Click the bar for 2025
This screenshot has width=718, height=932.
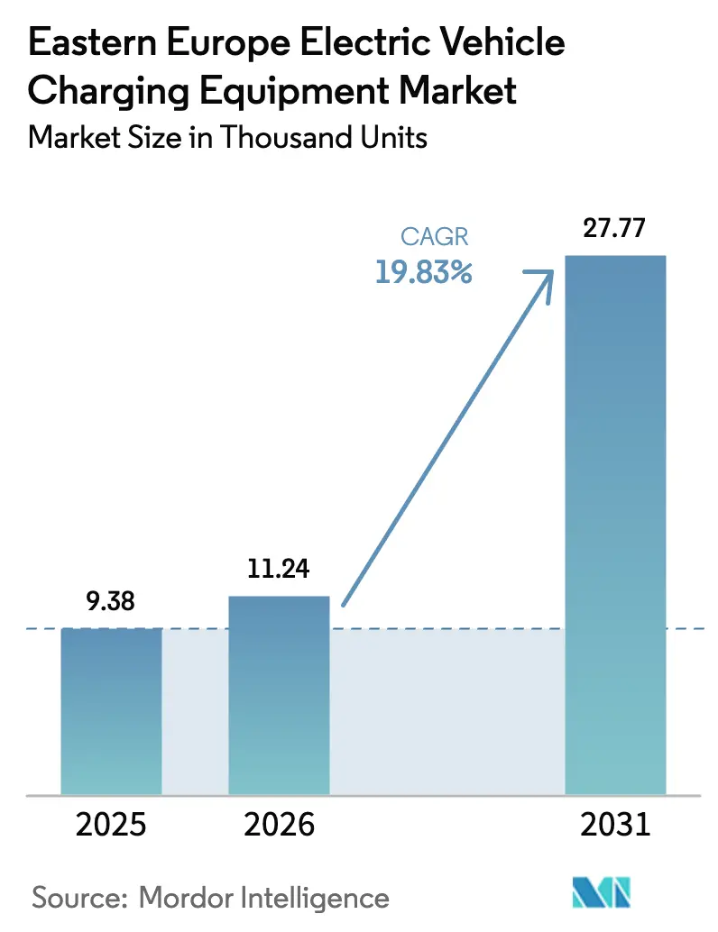point(112,710)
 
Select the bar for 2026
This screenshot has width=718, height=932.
point(279,694)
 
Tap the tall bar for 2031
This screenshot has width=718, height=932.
point(615,523)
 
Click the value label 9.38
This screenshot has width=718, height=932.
point(112,601)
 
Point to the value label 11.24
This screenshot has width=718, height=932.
point(279,569)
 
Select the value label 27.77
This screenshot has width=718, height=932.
point(615,228)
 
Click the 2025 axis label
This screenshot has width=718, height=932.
point(112,824)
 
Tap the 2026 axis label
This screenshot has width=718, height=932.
point(279,824)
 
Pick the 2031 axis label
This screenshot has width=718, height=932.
point(615,824)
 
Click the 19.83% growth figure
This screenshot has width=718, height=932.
point(423,272)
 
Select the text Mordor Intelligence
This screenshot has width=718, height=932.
point(263,898)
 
